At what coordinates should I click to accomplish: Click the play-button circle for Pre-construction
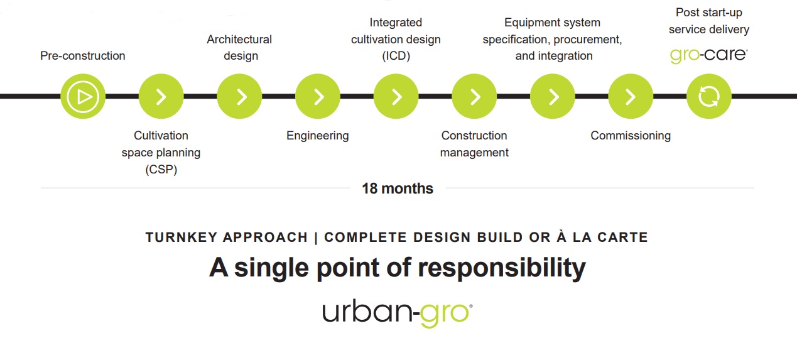point(83,96)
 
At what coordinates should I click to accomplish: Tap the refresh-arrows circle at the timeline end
point(709,96)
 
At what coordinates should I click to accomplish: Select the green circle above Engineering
point(318,96)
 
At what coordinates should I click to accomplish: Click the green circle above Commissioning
point(631,96)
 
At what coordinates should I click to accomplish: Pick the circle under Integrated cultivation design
point(396,96)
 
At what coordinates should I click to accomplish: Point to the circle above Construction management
point(474,96)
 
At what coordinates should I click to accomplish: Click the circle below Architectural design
point(239,96)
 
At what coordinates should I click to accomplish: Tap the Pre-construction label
point(82,55)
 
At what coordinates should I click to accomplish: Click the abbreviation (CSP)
point(161,169)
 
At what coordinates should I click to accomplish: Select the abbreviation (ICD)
point(396,56)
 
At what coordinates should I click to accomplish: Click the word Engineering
point(317,136)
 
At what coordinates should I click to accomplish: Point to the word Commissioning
point(631,136)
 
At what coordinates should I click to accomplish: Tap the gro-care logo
point(708,55)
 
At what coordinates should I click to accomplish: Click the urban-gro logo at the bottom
point(398,314)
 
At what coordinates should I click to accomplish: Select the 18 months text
point(398,188)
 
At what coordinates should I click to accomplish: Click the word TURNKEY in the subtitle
point(182,237)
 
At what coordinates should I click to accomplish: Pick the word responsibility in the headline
point(502,268)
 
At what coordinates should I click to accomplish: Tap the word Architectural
point(239,39)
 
